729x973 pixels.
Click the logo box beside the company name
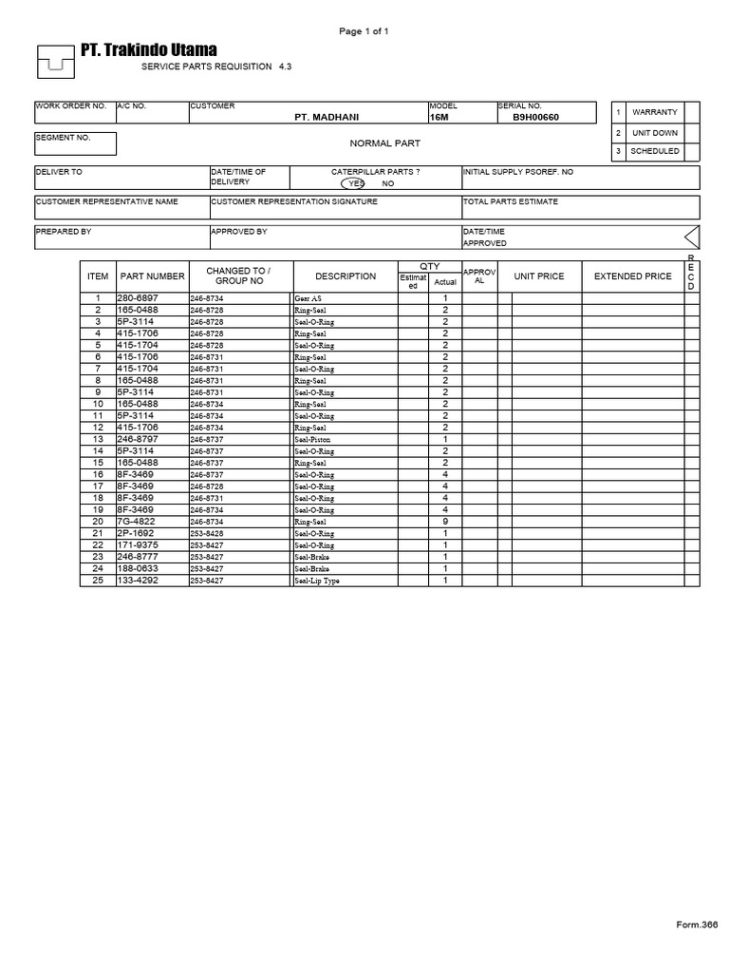pyautogui.click(x=56, y=64)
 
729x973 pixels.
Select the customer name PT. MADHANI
pyautogui.click(x=327, y=117)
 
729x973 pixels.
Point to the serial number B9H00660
pyautogui.click(x=535, y=117)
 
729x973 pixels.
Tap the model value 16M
pyautogui.click(x=439, y=117)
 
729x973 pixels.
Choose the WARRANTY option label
pyautogui.click(x=654, y=112)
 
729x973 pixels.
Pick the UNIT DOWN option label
pyautogui.click(x=654, y=133)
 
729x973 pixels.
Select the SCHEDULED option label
pyautogui.click(x=654, y=151)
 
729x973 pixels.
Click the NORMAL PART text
pyautogui.click(x=384, y=143)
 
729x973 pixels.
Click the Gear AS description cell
pyautogui.click(x=308, y=298)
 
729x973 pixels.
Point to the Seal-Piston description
pyautogui.click(x=313, y=439)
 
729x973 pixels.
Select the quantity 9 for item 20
pyautogui.click(x=444, y=521)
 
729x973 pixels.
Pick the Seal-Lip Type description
pyautogui.click(x=317, y=580)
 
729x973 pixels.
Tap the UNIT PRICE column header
pyautogui.click(x=538, y=277)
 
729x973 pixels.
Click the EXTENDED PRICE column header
pyautogui.click(x=632, y=277)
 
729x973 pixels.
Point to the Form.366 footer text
pyautogui.click(x=696, y=924)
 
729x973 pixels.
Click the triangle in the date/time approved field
pyautogui.click(x=691, y=237)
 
